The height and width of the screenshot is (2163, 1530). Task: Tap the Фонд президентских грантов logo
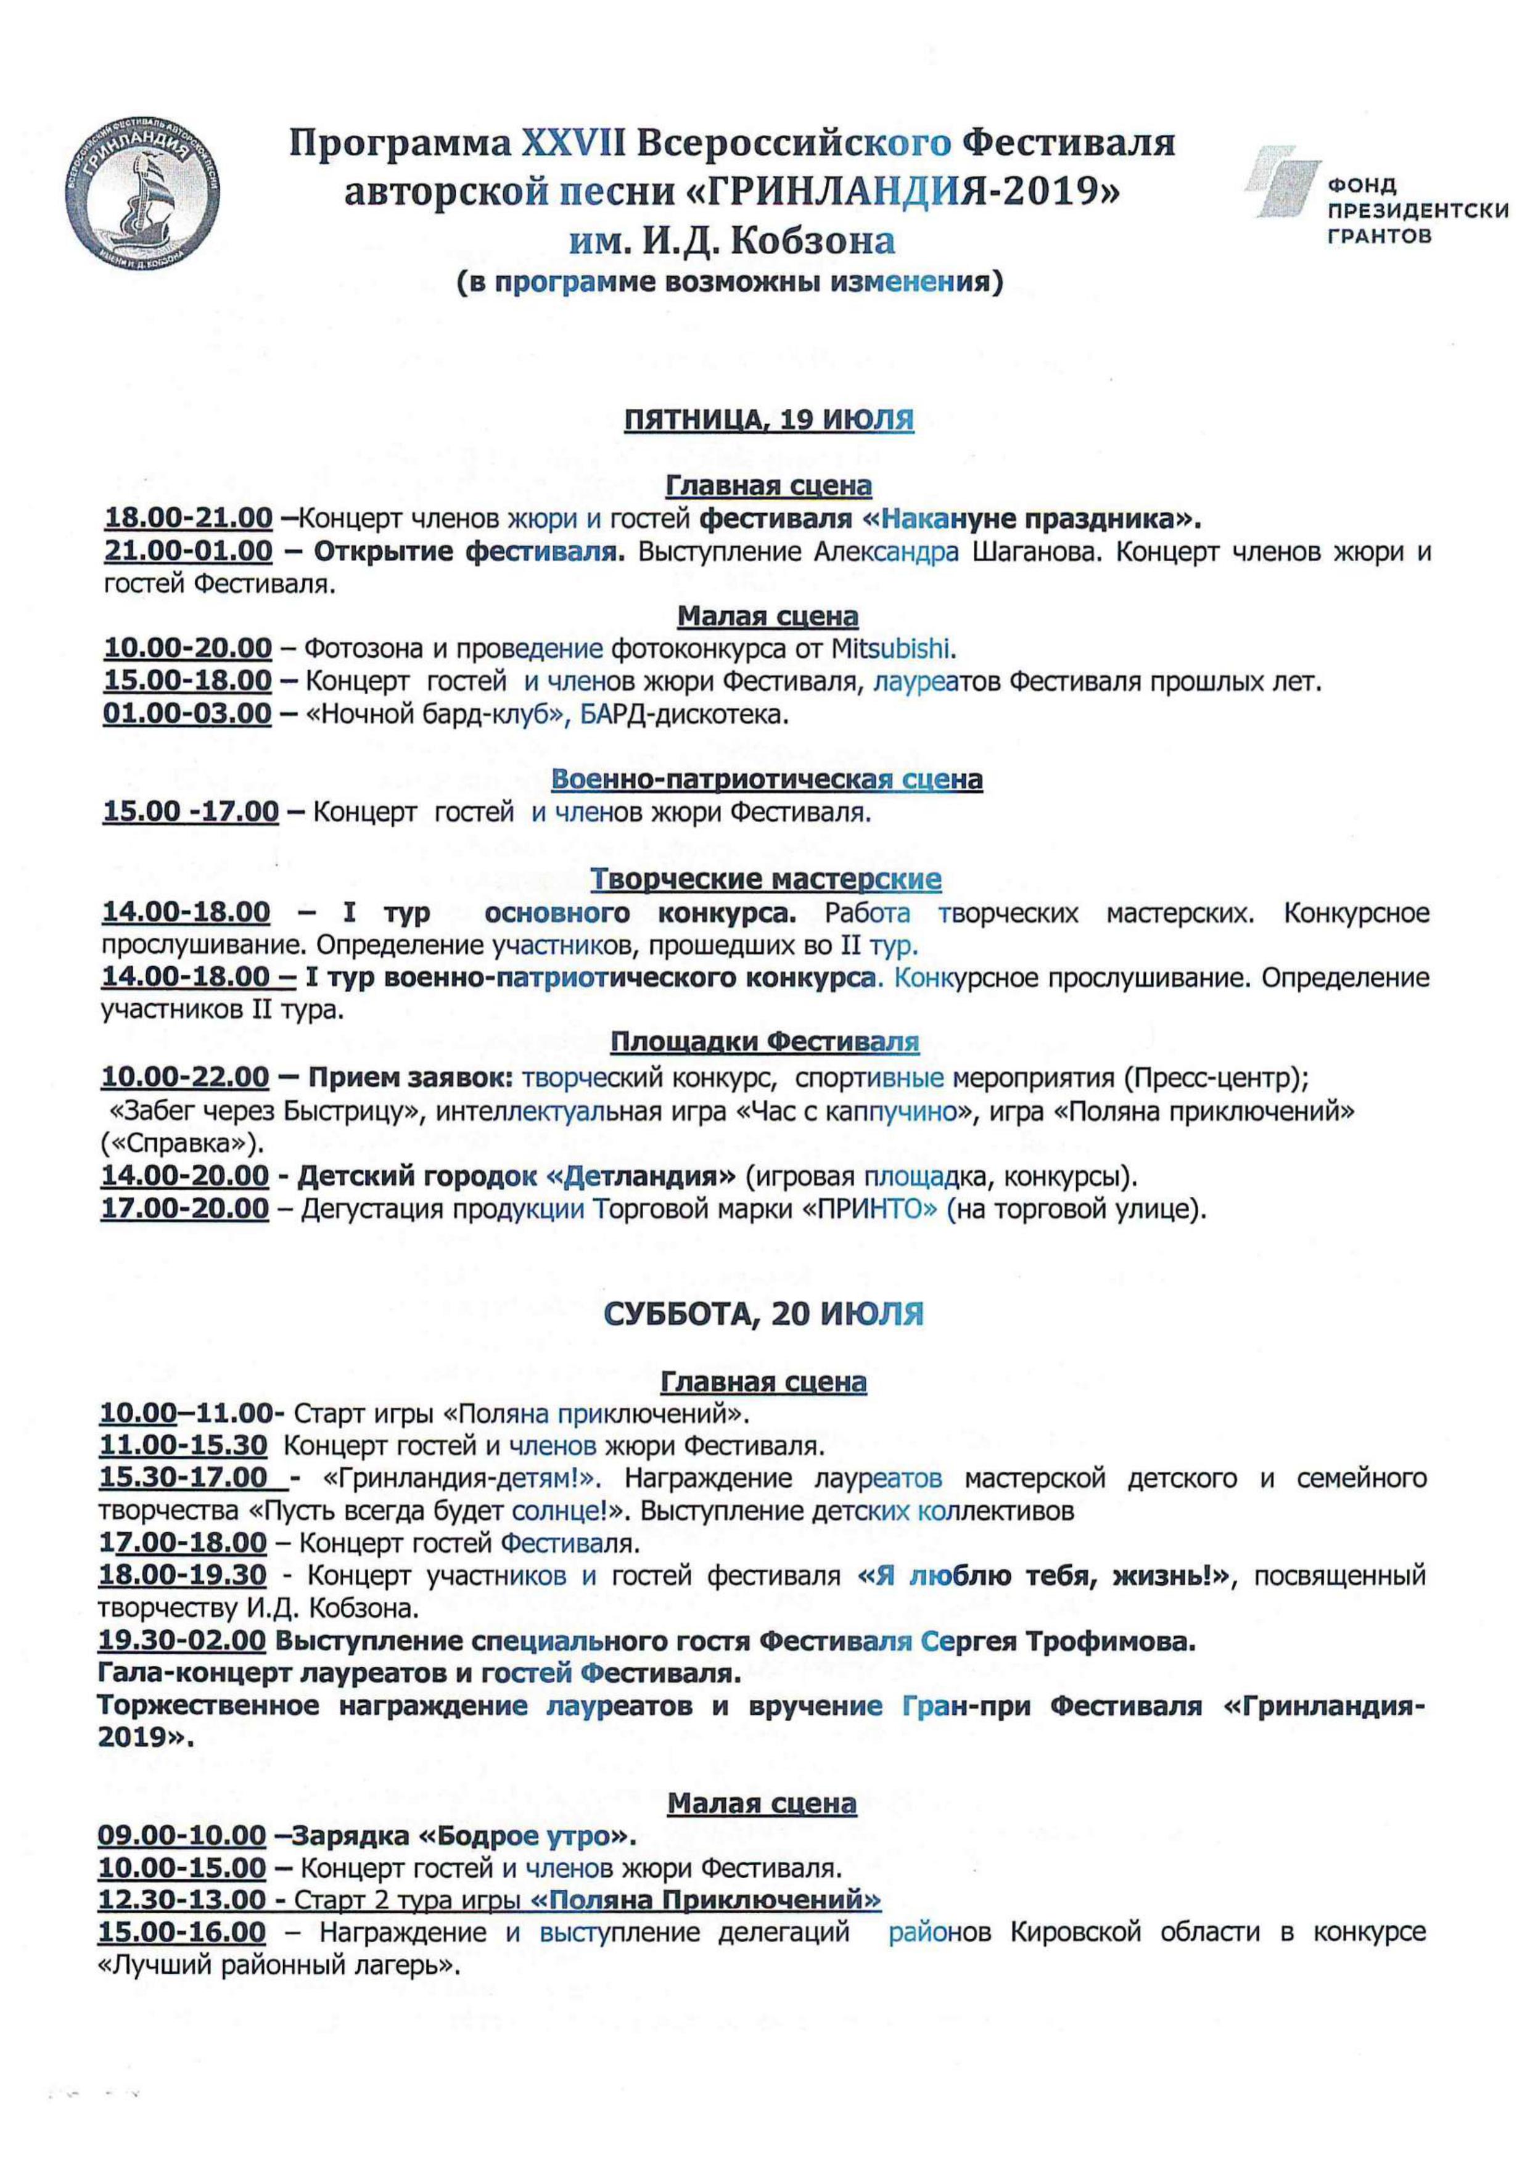click(x=1375, y=198)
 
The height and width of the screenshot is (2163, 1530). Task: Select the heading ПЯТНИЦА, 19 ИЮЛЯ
click(x=769, y=419)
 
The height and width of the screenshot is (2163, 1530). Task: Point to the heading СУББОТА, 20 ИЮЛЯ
click(x=763, y=1314)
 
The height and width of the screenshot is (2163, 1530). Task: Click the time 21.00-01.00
click(x=189, y=551)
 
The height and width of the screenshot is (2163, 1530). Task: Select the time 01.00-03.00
click(x=187, y=713)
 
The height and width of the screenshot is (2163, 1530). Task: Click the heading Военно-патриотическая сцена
click(x=767, y=779)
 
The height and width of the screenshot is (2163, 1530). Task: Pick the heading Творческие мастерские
click(x=766, y=879)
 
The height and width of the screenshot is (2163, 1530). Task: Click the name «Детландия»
click(x=641, y=1176)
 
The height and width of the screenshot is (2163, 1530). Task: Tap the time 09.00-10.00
click(x=182, y=1835)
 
